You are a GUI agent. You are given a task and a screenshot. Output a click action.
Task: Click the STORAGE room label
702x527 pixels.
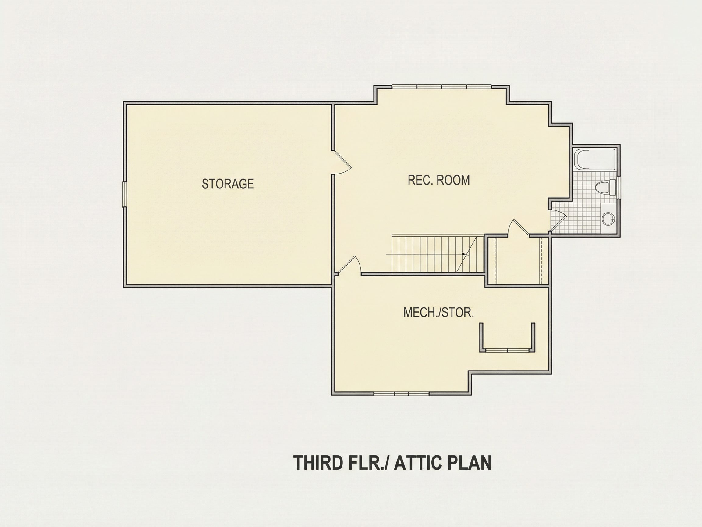tap(228, 184)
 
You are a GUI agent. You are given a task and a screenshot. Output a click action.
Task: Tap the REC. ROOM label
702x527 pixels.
tap(438, 180)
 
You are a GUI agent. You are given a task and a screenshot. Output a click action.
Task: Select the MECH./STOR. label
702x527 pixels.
tap(438, 313)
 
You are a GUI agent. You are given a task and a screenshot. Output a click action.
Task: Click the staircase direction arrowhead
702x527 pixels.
tap(464, 254)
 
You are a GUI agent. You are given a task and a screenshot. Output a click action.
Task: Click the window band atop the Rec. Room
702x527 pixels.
tap(442, 86)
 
